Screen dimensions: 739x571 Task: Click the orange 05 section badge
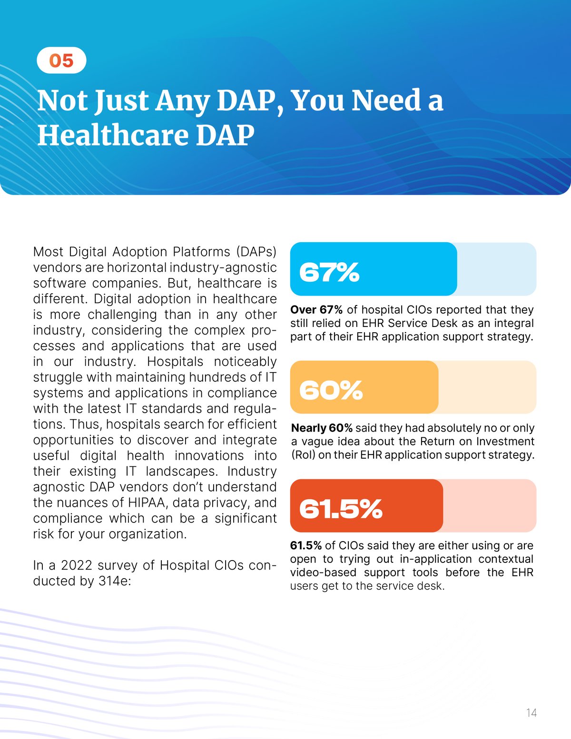point(61,60)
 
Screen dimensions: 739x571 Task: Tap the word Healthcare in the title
point(112,135)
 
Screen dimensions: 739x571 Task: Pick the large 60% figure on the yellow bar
point(331,390)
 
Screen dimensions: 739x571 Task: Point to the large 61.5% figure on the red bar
point(341,508)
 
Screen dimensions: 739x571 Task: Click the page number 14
point(531,712)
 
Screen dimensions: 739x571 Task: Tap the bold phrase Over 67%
point(316,310)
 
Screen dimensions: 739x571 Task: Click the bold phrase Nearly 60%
point(322,428)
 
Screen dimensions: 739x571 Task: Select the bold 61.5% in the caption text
point(306,545)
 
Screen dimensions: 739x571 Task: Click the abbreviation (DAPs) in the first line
point(255,251)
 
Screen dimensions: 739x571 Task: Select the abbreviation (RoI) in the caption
point(303,455)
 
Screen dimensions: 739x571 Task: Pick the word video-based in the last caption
point(323,572)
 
